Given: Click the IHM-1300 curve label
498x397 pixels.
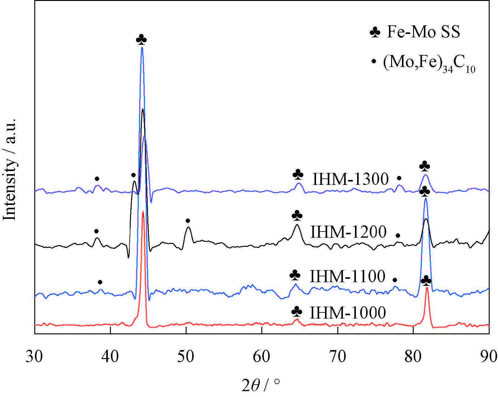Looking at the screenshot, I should tap(350, 179).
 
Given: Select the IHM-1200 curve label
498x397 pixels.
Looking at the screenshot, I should tap(348, 232).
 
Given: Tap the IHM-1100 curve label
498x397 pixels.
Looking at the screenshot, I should tap(347, 276).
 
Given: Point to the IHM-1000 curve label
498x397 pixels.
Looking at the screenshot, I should tap(348, 312).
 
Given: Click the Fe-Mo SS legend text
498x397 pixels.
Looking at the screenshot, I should tap(423, 32).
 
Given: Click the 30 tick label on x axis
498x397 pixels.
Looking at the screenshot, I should tap(34, 357).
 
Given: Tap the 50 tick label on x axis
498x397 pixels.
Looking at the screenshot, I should tap(186, 357).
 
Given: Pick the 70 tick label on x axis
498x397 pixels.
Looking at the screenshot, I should tap(338, 357).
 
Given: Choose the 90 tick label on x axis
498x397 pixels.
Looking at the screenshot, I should tap(489, 357).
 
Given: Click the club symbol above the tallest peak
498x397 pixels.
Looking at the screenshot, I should tap(141, 40).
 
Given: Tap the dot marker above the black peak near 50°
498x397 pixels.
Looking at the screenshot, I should tap(188, 220).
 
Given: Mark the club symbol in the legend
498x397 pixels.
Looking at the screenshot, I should tap(375, 32).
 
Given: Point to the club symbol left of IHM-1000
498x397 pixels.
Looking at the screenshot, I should tap(297, 311).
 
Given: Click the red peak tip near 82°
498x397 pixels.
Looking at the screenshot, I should tap(427, 288).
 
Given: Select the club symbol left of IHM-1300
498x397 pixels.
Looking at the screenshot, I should tap(298, 175).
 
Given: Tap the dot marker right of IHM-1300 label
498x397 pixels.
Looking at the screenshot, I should tap(399, 178).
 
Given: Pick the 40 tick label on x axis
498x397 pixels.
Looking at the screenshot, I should tap(110, 357).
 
